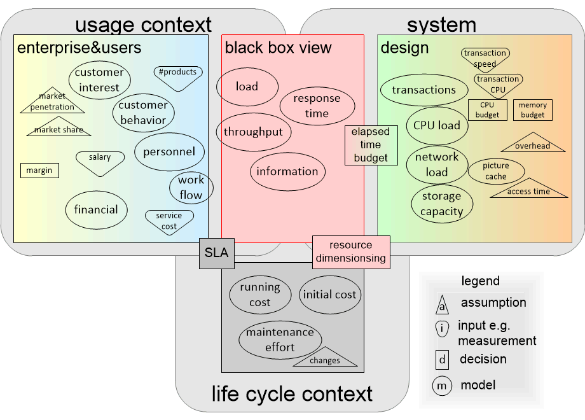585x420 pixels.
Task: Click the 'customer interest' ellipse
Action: click(x=99, y=80)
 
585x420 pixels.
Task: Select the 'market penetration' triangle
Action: click(x=52, y=103)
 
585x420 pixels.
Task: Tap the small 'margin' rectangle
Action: click(x=39, y=171)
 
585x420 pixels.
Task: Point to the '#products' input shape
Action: click(x=178, y=75)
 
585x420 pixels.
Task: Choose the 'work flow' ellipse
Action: click(x=191, y=188)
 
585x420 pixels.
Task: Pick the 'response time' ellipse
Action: click(x=317, y=106)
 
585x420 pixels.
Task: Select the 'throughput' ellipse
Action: click(x=253, y=132)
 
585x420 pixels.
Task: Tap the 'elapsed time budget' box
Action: click(x=371, y=145)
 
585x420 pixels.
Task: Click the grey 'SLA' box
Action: click(x=216, y=252)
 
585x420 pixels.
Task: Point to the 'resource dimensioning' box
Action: click(x=351, y=251)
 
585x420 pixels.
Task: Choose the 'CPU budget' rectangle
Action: click(x=488, y=110)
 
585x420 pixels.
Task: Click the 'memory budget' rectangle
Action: click(x=532, y=110)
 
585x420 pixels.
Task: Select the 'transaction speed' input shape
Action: click(x=485, y=58)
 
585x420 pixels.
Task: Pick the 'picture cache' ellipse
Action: click(x=496, y=171)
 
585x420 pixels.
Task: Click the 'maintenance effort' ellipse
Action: click(x=280, y=340)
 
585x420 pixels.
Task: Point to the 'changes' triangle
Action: click(x=325, y=358)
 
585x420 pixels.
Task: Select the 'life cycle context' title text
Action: click(x=292, y=394)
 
